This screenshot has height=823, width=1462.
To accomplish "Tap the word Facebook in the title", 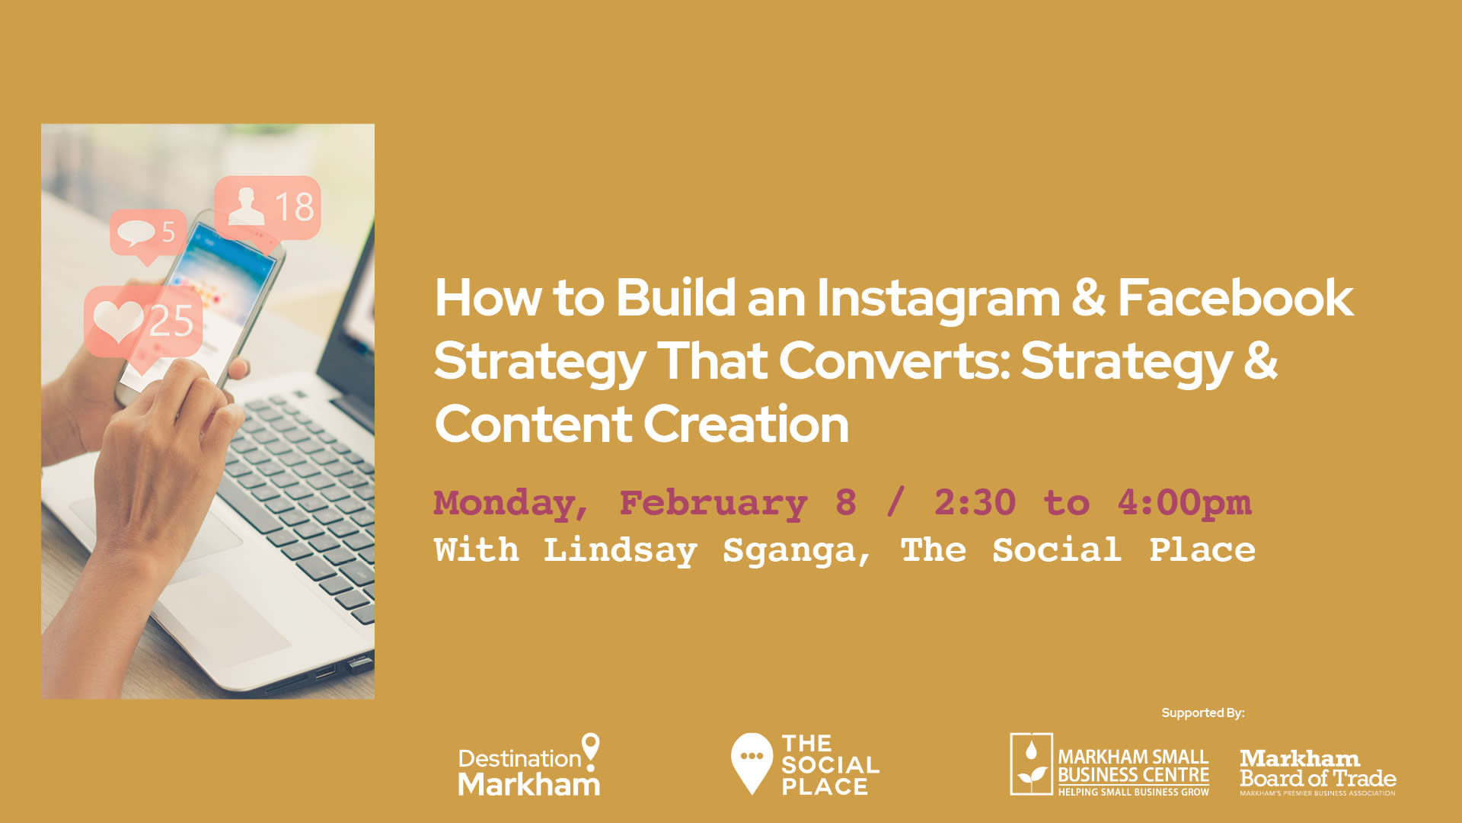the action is (x=1235, y=297).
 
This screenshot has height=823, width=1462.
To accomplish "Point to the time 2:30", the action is (x=975, y=503).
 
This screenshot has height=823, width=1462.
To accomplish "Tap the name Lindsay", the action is (x=620, y=551).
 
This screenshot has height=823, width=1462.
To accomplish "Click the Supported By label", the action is (x=1203, y=713).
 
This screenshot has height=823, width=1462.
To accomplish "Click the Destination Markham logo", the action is (x=529, y=765).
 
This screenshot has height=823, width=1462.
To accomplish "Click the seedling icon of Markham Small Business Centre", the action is (x=1031, y=764).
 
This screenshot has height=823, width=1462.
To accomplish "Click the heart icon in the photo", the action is (x=118, y=320).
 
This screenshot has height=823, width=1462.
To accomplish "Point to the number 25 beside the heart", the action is (x=171, y=321).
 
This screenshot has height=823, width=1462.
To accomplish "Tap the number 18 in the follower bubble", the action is (x=294, y=207).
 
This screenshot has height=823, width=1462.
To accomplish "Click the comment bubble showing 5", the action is (x=148, y=235).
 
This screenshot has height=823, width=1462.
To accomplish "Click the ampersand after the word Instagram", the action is (x=1089, y=297).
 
